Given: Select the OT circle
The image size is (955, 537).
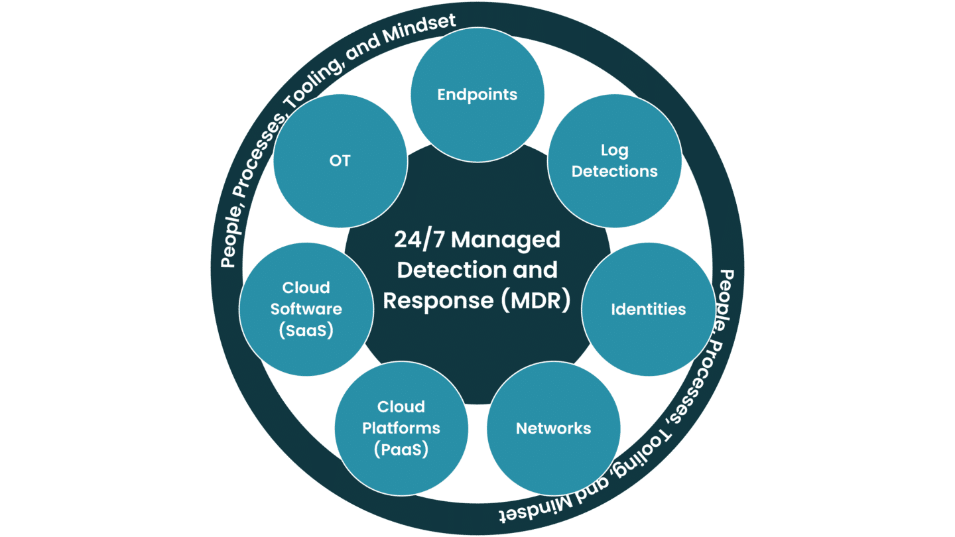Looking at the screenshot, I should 340,161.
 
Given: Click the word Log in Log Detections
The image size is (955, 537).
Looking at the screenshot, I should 614,150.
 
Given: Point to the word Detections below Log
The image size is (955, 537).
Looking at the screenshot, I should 614,171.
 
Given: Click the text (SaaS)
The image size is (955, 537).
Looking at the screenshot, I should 306,330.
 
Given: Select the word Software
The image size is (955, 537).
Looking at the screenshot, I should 306,309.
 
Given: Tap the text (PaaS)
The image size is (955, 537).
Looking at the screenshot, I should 401,449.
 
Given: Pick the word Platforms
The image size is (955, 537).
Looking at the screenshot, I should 401,428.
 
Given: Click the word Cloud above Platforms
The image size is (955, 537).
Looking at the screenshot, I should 401,406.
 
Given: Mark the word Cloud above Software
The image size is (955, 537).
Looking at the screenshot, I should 306,288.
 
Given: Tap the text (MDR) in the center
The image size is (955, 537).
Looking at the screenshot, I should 535,300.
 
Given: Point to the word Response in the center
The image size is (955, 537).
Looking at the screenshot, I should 438,300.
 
